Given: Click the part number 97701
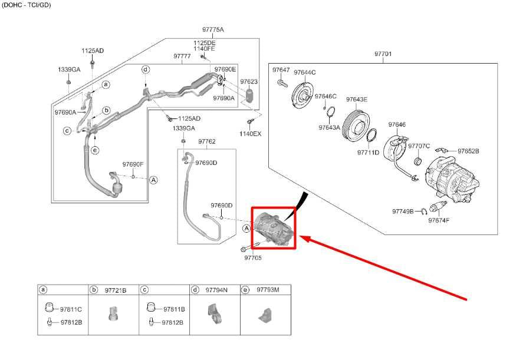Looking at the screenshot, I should point(383,54).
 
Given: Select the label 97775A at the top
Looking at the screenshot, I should point(212,29).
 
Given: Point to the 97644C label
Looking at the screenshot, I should point(305,72).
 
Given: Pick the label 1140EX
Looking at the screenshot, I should point(250,134).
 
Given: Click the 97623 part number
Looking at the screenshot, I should point(249,81).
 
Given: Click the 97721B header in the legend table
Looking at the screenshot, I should point(116,290).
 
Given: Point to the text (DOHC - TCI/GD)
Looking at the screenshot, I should point(27,5).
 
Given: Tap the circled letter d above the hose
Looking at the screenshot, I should point(145,70).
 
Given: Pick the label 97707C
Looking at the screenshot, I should point(419,146).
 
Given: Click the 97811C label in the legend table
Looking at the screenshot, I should point(71,309).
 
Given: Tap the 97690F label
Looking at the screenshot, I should point(133,164).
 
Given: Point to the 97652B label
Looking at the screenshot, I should point(468,151).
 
